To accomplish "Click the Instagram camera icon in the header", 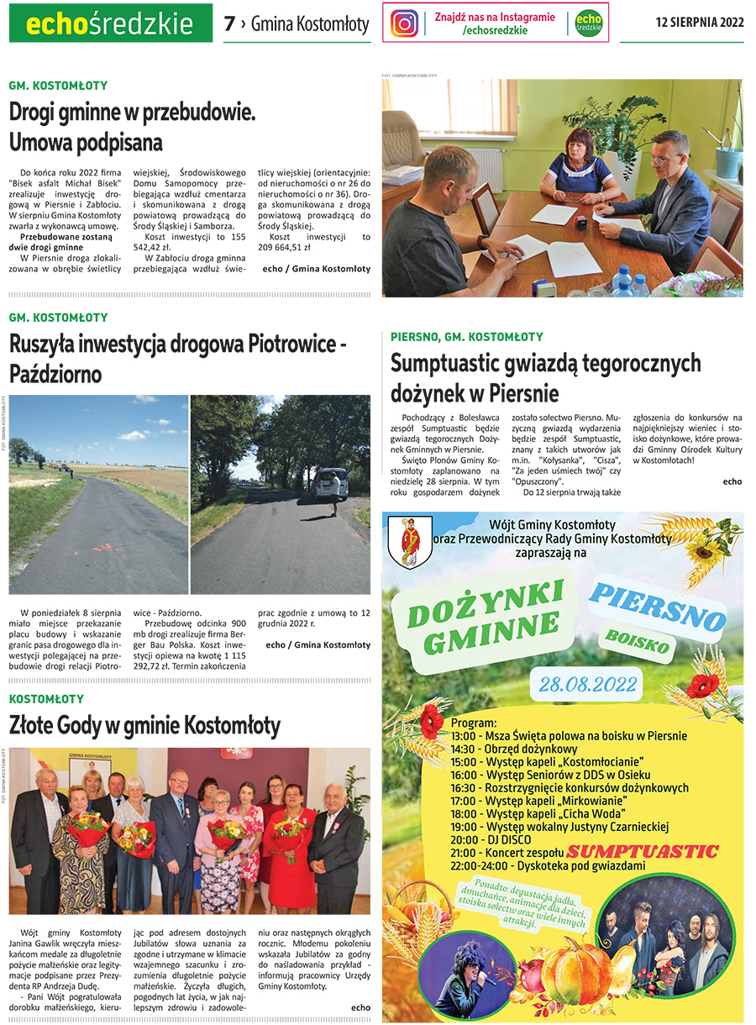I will [404, 23].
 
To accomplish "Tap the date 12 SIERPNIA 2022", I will [700, 23].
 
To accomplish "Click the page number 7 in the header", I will [229, 24].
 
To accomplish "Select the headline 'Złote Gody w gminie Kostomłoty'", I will [144, 724].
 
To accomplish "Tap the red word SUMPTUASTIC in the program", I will [653, 851].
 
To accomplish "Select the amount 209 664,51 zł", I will [285, 248].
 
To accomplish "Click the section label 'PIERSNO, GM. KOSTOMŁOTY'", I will [467, 337].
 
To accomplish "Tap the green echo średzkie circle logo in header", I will [589, 23].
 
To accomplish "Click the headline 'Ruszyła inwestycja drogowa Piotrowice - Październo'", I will [178, 358].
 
